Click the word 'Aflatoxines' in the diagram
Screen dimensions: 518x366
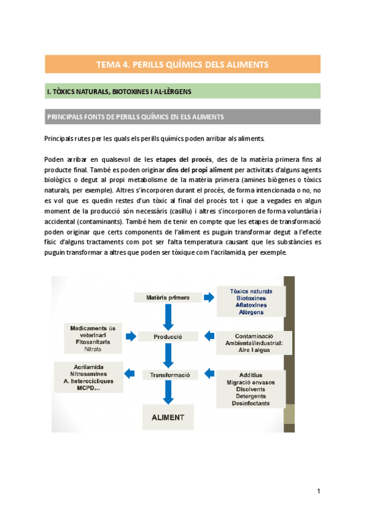coord(251,305)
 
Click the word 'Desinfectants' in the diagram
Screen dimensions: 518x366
coord(251,404)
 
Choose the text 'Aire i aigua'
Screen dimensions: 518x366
coord(253,351)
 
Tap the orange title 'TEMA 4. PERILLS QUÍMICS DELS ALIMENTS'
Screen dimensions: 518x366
coord(183,64)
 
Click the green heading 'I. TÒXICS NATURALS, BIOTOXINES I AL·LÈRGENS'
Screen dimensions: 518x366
coord(120,92)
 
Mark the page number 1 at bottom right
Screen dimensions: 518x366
coord(318,491)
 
